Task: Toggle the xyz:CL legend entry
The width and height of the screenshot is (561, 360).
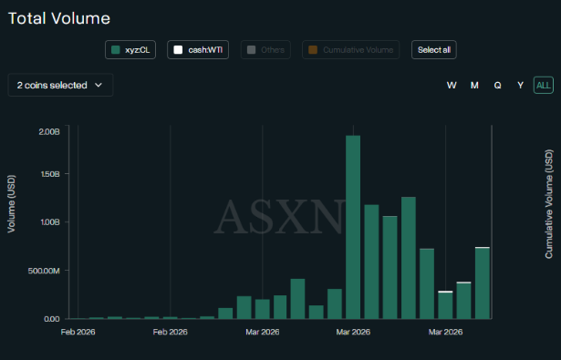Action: [x=131, y=50]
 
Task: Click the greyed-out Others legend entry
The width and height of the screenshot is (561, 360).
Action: [x=265, y=50]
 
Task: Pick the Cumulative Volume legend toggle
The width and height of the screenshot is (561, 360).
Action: [x=351, y=50]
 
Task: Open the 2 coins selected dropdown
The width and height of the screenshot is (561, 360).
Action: [x=60, y=85]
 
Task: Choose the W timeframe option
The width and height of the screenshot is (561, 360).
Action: [x=452, y=85]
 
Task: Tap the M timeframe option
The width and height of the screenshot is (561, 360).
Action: [x=474, y=85]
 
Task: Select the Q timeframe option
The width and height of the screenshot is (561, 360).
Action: [x=498, y=85]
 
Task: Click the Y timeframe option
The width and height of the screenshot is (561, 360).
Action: [x=521, y=85]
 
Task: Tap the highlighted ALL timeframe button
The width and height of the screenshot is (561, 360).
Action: [x=544, y=85]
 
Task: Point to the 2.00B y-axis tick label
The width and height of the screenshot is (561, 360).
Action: [x=48, y=130]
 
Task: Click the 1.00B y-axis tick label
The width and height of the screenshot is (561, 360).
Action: [x=48, y=221]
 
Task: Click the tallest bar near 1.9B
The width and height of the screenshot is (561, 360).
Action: [x=353, y=227]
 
